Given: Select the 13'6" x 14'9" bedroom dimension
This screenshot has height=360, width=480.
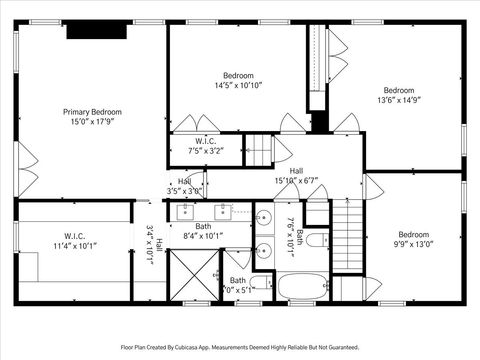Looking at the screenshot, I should tap(399, 100).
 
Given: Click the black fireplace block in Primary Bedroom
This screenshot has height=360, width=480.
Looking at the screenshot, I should tap(97, 31).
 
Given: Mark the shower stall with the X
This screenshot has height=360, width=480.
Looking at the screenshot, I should tap(190, 274).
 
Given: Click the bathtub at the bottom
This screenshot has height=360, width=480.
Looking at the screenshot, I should tap(302, 285).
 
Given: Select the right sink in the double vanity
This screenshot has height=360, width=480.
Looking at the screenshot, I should tap(222, 212).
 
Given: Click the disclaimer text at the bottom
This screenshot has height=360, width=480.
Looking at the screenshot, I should tap(239, 348).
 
